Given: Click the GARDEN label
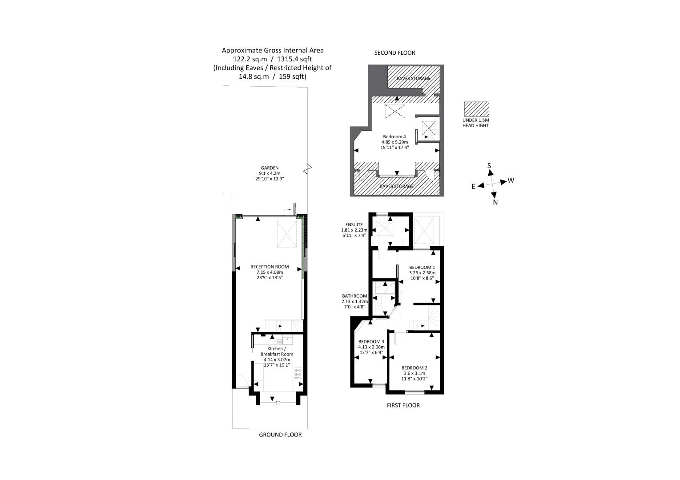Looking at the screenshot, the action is [x=270, y=168].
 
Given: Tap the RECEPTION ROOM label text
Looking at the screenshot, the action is [x=270, y=267].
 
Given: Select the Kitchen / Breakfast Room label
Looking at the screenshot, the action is [x=277, y=352].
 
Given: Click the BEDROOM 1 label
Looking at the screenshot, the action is [x=422, y=267].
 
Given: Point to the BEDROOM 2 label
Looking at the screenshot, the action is [x=414, y=368].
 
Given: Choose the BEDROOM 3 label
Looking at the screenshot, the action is [x=371, y=342].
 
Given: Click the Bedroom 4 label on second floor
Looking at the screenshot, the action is [x=394, y=136].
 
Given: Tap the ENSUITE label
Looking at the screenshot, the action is [x=354, y=225].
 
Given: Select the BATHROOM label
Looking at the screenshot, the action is [x=354, y=296].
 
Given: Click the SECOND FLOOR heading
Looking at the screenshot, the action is [x=394, y=53].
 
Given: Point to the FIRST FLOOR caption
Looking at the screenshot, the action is [x=403, y=405].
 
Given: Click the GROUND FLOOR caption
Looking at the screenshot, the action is [x=280, y=435].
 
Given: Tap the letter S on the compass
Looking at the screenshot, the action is [x=489, y=166].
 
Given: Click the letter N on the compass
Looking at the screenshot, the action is [x=495, y=202].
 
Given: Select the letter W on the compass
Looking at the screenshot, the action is [x=511, y=180].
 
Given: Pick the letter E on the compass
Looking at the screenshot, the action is [x=474, y=187].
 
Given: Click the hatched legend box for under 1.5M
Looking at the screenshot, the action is [x=476, y=109].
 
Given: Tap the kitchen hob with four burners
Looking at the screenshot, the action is [x=298, y=373].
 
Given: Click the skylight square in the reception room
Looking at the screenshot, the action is [x=286, y=234].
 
